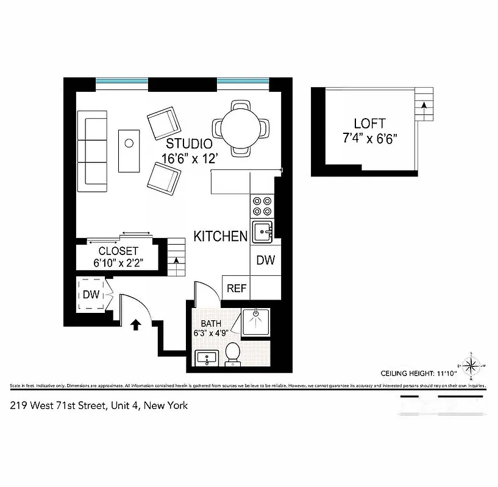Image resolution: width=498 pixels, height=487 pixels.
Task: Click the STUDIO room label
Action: [x=190, y=144]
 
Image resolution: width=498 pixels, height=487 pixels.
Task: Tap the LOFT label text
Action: [x=369, y=124]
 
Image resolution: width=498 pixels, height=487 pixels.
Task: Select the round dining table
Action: [x=240, y=128]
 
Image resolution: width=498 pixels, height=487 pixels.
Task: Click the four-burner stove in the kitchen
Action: [x=262, y=206]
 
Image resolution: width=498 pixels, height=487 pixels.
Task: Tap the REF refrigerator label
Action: [x=236, y=289]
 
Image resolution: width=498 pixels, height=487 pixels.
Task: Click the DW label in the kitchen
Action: [x=265, y=261]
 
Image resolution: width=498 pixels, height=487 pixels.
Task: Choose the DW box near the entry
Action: [x=91, y=295]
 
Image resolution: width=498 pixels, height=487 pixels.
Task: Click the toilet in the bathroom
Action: [x=232, y=354]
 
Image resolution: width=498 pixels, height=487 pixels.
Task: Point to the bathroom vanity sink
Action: [x=207, y=359]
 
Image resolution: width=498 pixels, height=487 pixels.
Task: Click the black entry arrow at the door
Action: [x=136, y=324]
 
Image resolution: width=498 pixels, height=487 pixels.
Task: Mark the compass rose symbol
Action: [x=471, y=365]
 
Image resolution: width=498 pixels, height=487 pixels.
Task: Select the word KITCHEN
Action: [x=220, y=237]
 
